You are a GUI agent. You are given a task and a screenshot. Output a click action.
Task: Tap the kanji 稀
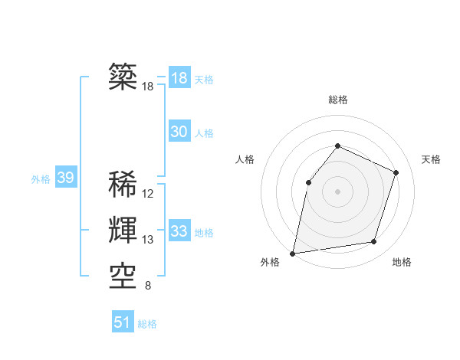coord(123,185)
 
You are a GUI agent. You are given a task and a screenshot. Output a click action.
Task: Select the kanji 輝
coord(123,230)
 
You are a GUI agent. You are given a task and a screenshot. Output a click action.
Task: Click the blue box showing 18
coord(179,78)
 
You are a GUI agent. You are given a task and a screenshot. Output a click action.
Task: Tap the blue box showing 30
coord(179,132)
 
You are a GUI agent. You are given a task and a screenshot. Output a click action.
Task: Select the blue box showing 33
coord(179,231)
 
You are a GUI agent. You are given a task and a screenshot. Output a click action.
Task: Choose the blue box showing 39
coord(66,178)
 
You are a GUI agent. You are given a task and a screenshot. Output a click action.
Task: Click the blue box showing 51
coord(123,322)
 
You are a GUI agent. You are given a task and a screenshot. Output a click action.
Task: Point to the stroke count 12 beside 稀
coord(148,194)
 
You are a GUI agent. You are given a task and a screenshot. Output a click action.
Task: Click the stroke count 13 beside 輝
coord(148,240)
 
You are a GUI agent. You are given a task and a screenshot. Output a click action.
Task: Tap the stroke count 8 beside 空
coord(147,286)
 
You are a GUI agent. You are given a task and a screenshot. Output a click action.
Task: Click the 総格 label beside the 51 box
coord(147,324)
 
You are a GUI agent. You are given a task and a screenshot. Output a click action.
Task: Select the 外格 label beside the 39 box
coord(41,179)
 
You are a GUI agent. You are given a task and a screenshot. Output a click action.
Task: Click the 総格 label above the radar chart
coord(337,100)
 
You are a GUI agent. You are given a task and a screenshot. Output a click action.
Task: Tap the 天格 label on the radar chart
coord(432,159)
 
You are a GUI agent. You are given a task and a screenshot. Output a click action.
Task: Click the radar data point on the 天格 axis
coord(396,172)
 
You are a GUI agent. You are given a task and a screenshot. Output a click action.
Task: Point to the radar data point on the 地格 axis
coord(374,241)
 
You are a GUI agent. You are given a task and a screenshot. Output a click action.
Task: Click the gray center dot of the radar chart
coord(337,191)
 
